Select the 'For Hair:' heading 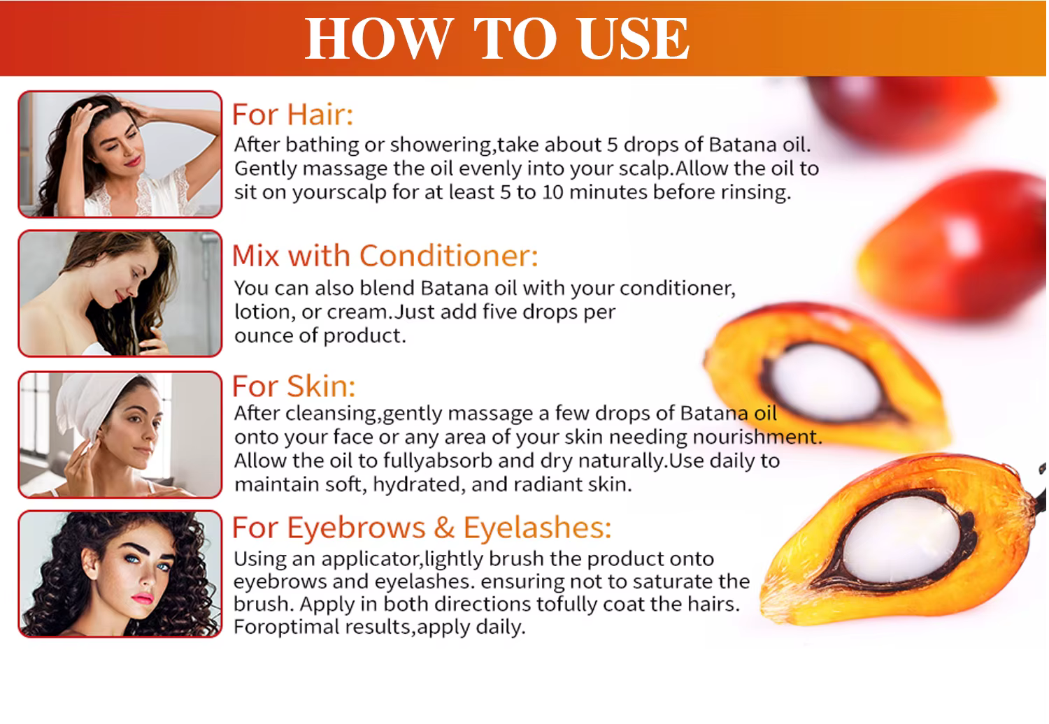point(293,114)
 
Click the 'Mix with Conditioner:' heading point(385,256)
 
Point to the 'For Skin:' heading point(294,386)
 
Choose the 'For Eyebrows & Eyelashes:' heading point(422,528)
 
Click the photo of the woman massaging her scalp point(120,154)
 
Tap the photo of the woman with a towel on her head point(120,435)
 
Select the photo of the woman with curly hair point(120,574)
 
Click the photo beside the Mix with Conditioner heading point(120,294)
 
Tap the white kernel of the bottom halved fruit point(901,540)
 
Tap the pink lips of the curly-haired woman point(143,598)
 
